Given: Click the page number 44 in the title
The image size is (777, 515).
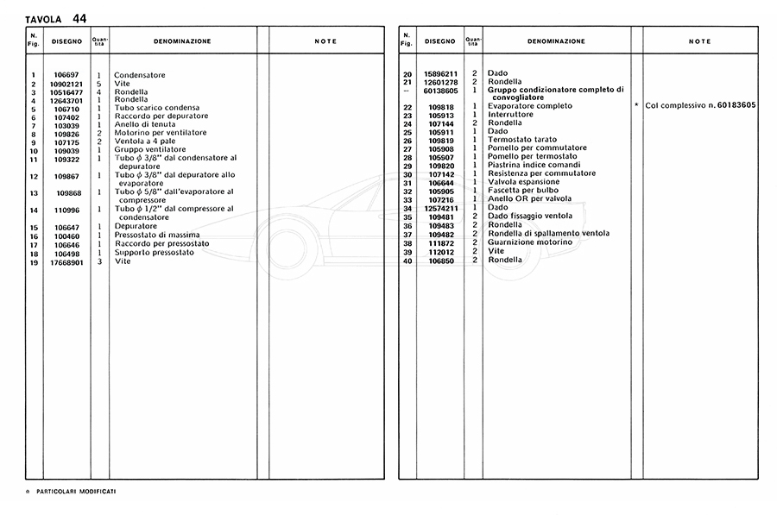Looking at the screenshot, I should [79, 17].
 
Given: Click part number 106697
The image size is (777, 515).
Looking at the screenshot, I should [66, 76].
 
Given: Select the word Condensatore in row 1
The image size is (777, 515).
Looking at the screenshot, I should [140, 76].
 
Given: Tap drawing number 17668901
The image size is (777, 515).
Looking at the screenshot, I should [66, 261].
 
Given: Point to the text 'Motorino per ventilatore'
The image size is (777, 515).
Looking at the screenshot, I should [161, 135].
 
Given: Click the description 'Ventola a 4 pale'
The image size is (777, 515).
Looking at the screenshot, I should [146, 143].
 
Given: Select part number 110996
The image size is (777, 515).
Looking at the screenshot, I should [66, 209].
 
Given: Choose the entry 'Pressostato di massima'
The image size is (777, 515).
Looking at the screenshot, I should [157, 236].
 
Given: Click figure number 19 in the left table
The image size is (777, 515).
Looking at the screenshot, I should [33, 261].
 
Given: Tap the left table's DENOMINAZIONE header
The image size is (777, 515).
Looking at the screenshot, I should [182, 41].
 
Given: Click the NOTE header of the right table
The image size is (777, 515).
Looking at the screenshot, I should [700, 41].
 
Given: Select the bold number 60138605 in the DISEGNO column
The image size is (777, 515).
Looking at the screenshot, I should [440, 90].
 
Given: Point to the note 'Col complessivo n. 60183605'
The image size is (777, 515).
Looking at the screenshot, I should [701, 105].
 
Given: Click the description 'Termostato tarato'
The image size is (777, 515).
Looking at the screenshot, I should [522, 140].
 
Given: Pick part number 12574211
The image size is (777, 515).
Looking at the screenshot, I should [440, 208].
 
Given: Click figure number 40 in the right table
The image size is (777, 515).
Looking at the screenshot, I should [407, 260].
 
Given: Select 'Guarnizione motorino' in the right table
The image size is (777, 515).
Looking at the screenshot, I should [529, 242].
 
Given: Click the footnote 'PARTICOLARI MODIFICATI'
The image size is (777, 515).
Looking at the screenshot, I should [77, 490].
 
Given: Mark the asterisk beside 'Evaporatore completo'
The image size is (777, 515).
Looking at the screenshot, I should [636, 105].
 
